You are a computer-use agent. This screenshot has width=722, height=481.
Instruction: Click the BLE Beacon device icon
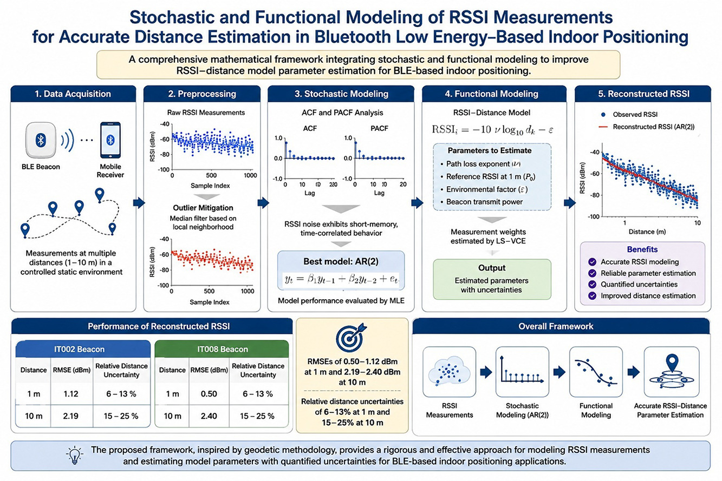41,140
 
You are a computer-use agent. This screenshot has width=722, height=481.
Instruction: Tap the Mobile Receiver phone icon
110,140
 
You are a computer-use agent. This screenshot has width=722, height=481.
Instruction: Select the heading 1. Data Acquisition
73,94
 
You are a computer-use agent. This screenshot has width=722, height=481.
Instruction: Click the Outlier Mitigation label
203,208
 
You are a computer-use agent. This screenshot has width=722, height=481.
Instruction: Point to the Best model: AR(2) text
341,261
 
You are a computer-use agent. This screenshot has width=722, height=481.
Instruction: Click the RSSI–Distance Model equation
492,130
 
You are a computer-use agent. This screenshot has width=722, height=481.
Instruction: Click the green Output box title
492,268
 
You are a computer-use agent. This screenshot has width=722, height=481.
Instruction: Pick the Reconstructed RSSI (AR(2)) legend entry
646,127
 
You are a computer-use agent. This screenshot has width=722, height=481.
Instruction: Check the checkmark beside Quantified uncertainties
592,284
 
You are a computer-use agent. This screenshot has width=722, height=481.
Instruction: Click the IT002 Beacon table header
79,349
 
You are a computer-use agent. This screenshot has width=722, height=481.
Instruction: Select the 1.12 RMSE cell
71,394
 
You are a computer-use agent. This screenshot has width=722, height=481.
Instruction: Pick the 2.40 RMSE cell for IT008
209,416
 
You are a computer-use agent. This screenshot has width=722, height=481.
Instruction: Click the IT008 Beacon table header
223,349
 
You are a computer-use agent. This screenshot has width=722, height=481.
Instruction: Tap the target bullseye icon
350,338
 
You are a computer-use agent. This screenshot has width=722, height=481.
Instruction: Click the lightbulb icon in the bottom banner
74,455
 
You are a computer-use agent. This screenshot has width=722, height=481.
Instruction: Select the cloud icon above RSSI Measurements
449,371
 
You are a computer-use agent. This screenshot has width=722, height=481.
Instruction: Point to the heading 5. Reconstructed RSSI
643,94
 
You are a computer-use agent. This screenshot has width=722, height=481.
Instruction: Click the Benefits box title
642,249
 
